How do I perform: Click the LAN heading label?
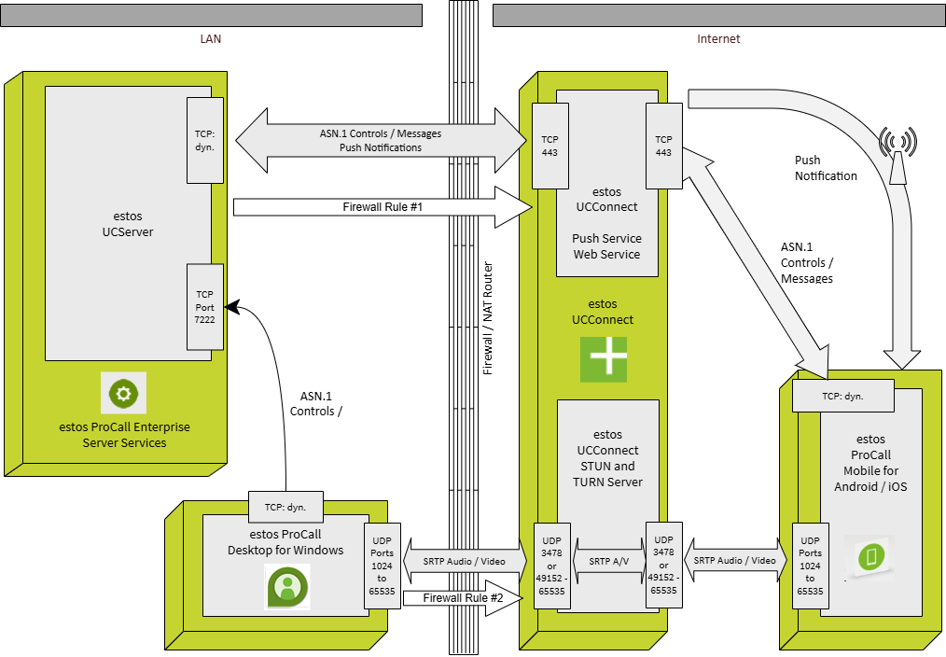click(211, 39)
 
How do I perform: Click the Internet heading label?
click(718, 39)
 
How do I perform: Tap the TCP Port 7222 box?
click(204, 307)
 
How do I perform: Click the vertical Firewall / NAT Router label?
click(487, 318)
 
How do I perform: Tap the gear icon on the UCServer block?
click(124, 393)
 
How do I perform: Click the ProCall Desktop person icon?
click(288, 586)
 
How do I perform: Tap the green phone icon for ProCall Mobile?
click(870, 556)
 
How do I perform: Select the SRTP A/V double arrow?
click(607, 561)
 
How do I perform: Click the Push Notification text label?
click(825, 168)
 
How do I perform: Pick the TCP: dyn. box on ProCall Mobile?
click(842, 396)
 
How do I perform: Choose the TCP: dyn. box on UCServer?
click(204, 140)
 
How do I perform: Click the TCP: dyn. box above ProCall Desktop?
click(285, 507)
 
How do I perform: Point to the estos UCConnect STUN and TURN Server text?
click(607, 457)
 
